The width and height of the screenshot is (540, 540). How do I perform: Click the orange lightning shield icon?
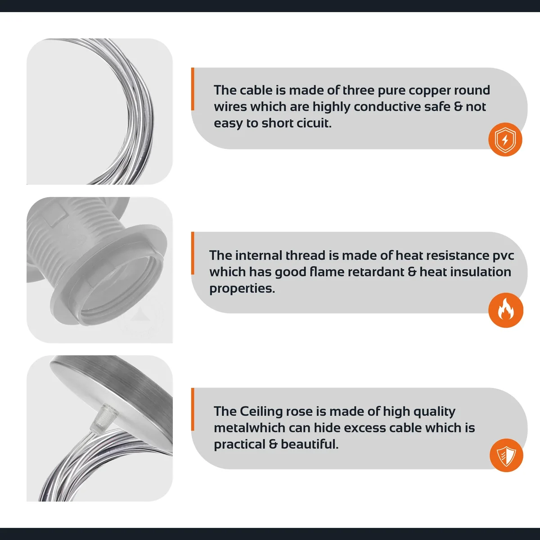tap(505, 139)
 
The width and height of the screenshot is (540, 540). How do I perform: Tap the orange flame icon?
tap(505, 310)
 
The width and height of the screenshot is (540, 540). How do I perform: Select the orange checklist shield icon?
tap(506, 455)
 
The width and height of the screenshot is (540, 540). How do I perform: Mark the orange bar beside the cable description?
tap(193, 89)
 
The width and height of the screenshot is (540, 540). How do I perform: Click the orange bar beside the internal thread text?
tap(193, 253)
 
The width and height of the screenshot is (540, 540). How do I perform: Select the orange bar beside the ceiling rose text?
tap(193, 409)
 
